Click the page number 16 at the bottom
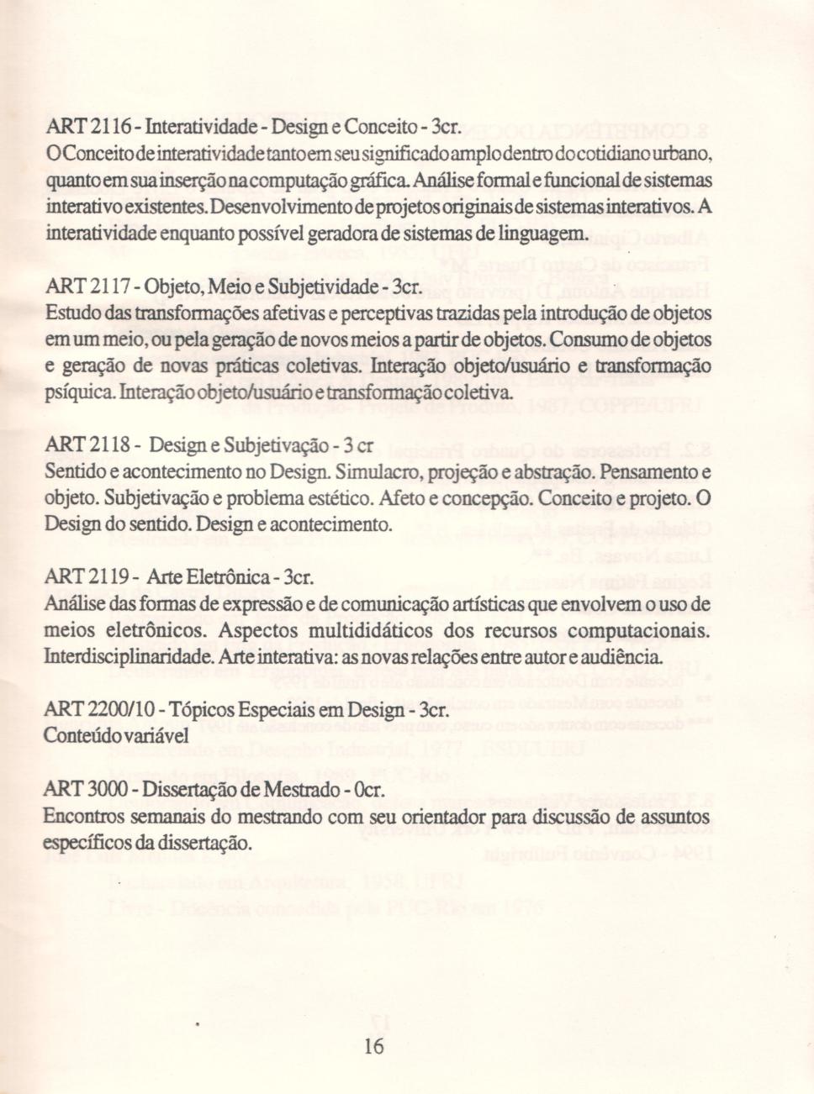point(374,1046)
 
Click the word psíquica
point(74,393)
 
